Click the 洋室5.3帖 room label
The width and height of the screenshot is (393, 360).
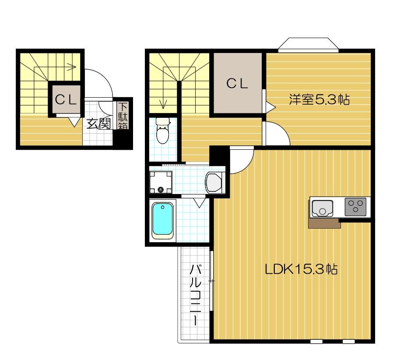pyautogui.click(x=319, y=100)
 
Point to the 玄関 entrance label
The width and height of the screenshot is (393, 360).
pyautogui.click(x=98, y=124)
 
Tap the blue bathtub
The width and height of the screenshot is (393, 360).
pyautogui.click(x=163, y=220)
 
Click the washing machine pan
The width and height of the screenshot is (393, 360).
pyautogui.click(x=160, y=182)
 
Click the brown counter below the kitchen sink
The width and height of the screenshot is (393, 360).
pyautogui.click(x=324, y=223)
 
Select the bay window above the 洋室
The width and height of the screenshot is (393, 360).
pyautogui.click(x=308, y=45)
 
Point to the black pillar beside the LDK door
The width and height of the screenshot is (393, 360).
pyautogui.click(x=218, y=155)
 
